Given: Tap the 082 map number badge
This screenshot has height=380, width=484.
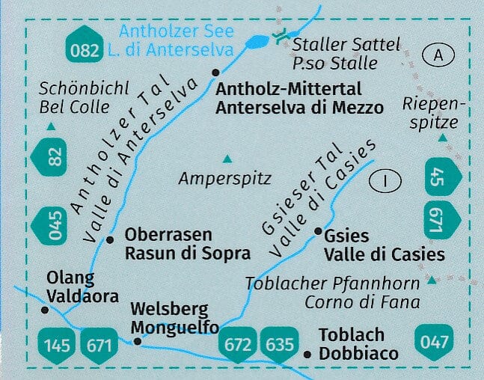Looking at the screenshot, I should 84,49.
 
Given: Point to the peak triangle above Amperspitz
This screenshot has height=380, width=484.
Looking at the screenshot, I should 227,159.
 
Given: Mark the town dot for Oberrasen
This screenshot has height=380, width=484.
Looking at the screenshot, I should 110,240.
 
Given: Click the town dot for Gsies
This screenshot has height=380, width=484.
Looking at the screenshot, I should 318,232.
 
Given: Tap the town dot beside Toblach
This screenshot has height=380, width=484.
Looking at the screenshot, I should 307,354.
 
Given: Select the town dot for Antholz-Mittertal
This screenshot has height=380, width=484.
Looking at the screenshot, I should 215,73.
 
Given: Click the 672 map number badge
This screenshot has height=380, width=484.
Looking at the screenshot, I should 238,344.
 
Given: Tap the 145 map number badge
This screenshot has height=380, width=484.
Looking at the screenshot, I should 57,345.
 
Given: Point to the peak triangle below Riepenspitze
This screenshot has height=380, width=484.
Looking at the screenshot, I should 442,138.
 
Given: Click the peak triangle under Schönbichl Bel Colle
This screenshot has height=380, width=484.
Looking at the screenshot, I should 50,126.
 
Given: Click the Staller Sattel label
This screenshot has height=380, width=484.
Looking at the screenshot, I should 346,44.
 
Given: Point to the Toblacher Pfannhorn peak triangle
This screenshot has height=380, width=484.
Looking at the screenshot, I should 432,281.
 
